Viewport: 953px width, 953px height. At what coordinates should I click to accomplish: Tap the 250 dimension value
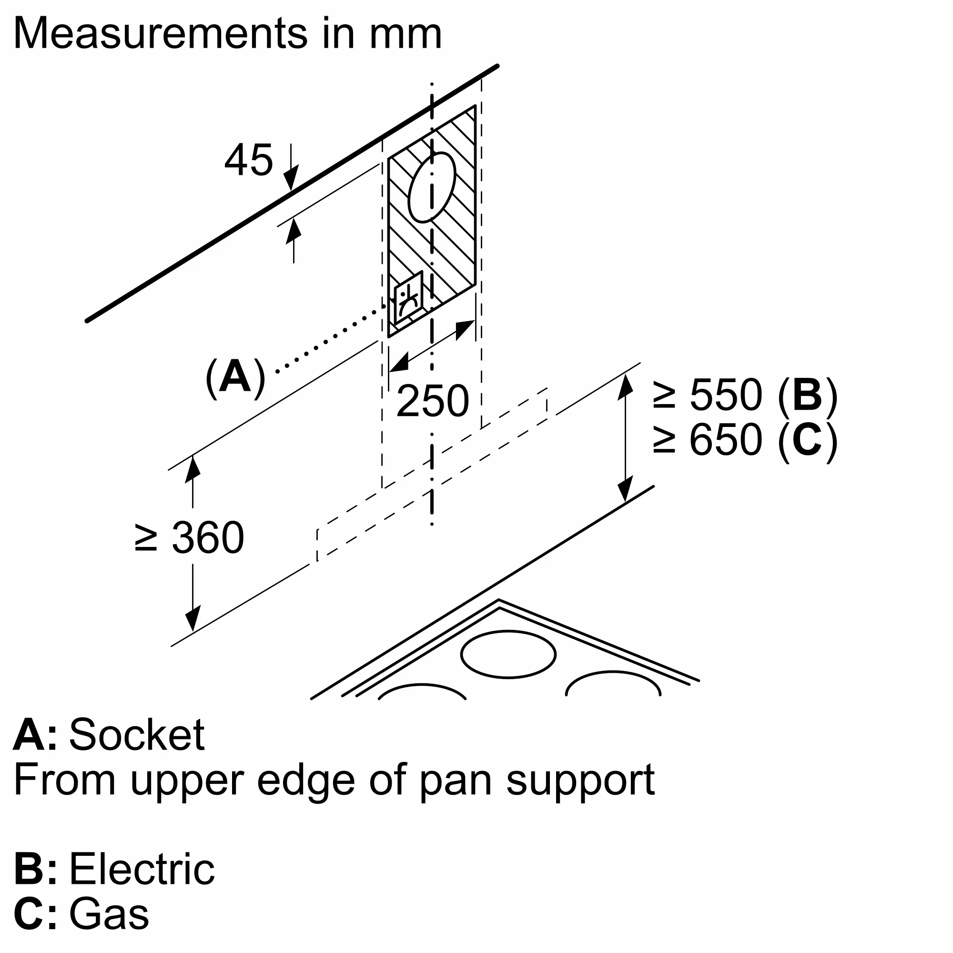[432, 401]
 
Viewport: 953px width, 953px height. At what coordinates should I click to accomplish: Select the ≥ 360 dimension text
[190, 537]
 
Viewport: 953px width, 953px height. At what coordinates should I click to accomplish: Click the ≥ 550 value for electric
[709, 395]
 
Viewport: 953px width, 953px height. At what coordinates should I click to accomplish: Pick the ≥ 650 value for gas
[709, 439]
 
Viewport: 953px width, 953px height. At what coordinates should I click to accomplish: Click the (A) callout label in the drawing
[235, 377]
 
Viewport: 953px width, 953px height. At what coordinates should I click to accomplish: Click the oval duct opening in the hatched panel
[432, 187]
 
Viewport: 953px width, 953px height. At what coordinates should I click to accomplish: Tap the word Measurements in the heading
[161, 33]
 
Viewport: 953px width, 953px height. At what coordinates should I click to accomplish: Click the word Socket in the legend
[137, 735]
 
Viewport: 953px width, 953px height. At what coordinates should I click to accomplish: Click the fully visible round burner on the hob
[508, 655]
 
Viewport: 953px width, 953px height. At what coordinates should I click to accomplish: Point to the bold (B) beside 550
[808, 395]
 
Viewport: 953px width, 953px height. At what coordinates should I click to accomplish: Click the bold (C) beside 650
[808, 439]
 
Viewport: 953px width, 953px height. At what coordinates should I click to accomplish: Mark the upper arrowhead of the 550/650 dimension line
[626, 387]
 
